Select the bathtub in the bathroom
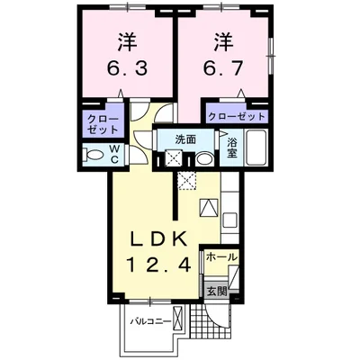pyautogui.click(x=253, y=149)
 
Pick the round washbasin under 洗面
pyautogui.click(x=204, y=158)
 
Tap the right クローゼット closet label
pyautogui.click(x=237, y=117)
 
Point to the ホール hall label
pyautogui.click(x=221, y=257)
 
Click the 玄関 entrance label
pyautogui.click(x=216, y=291)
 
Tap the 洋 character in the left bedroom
pyautogui.click(x=126, y=41)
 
